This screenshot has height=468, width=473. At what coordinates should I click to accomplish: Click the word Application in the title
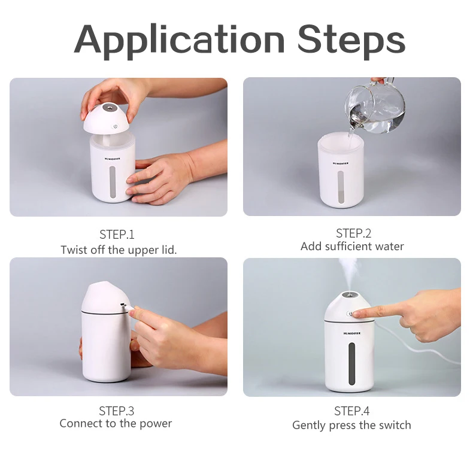tap(179, 41)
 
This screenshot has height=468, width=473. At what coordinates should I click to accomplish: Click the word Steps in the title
tap(351, 41)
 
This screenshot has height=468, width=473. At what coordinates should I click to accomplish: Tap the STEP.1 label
tap(117, 235)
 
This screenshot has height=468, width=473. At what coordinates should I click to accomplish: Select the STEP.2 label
tap(353, 233)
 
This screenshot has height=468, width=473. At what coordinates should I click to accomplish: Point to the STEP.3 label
tap(116, 411)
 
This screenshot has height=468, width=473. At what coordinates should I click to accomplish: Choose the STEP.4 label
tap(351, 411)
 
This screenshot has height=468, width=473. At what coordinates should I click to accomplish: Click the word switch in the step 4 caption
tap(395, 425)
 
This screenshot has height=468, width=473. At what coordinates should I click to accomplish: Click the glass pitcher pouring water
tap(374, 107)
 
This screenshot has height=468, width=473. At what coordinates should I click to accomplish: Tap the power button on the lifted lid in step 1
tap(115, 126)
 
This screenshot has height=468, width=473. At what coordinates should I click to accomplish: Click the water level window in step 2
tap(341, 187)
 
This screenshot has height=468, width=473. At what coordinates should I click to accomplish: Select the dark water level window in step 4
tap(351, 363)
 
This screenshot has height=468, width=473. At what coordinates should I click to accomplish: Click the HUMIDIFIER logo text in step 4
tap(351, 333)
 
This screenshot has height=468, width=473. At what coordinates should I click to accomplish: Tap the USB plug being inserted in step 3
tap(128, 306)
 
